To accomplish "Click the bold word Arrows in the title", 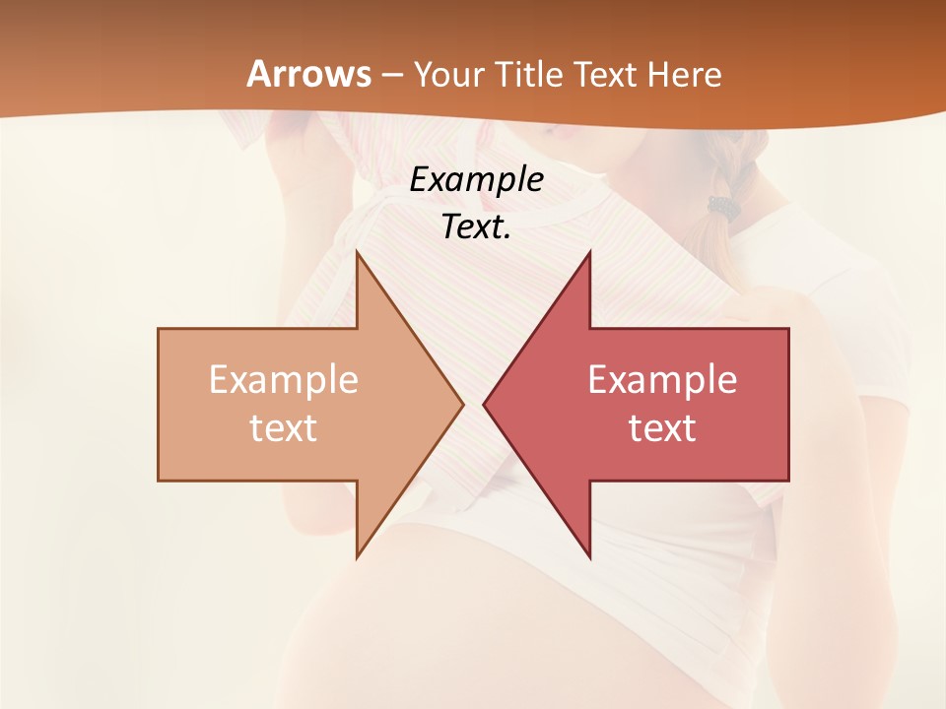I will (x=309, y=74).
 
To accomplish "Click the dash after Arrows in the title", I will (x=392, y=76).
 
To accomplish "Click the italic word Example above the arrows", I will (x=476, y=180).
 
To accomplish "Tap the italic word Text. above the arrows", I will (x=476, y=226).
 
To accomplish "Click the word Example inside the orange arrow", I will (x=284, y=379).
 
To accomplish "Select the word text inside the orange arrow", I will (x=284, y=427).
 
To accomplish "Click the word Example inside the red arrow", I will (x=662, y=379).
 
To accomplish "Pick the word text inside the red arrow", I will (x=662, y=427).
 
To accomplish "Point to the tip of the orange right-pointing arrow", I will (x=462, y=404).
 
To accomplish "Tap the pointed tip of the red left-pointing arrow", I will (x=485, y=404).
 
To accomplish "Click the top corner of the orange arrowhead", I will (x=358, y=253).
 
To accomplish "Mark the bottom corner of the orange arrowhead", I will (x=358, y=556).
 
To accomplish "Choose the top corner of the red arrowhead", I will (x=589, y=253).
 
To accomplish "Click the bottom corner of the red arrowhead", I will (x=589, y=556).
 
